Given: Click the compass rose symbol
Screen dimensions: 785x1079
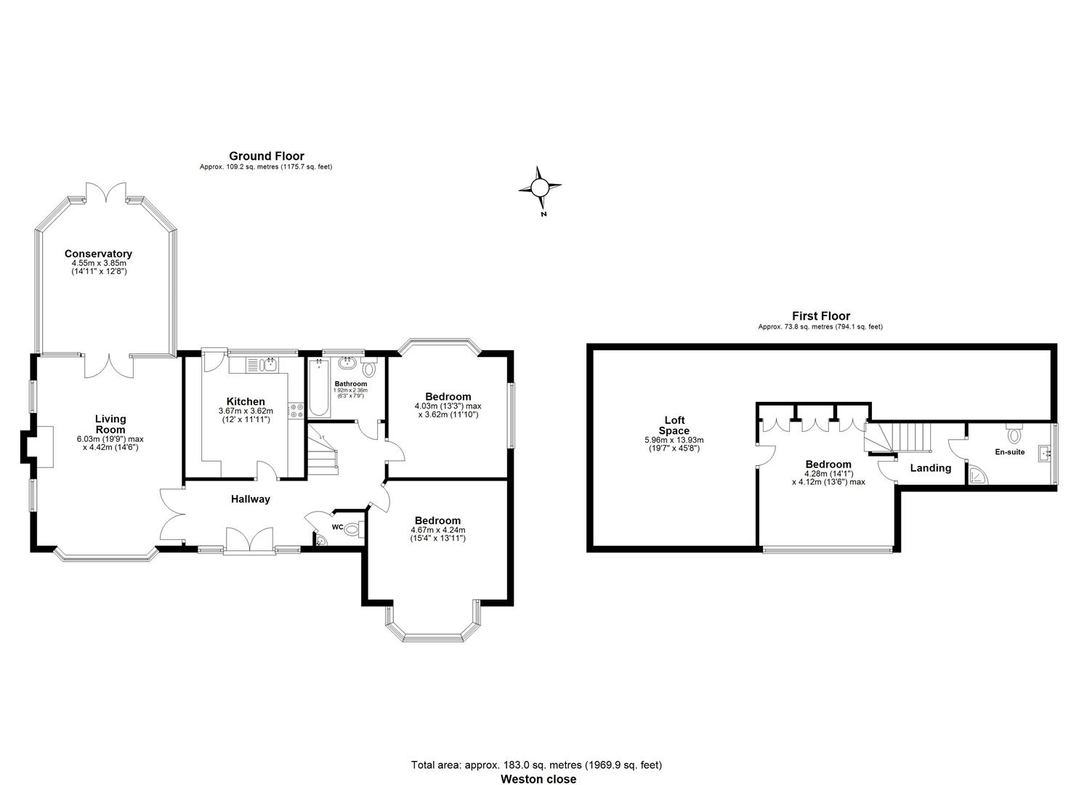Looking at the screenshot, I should (539, 188).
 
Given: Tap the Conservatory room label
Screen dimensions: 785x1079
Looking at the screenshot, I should (98, 254).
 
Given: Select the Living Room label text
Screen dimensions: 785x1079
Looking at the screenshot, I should (110, 424).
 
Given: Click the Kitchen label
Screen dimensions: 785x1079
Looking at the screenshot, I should (246, 401).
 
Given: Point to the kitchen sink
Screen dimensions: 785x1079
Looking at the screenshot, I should (268, 363).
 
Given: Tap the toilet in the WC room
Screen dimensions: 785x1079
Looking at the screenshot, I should (352, 529).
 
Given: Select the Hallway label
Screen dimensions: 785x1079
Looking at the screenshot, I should (251, 499).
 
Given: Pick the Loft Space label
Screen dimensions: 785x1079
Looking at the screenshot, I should (674, 425).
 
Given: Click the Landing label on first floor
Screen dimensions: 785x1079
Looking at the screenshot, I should (931, 468).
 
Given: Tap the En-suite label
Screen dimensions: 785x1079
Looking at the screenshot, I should (1009, 451).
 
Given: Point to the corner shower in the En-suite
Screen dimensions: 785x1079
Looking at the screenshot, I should (979, 475).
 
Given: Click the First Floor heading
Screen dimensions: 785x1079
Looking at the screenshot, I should (820, 316).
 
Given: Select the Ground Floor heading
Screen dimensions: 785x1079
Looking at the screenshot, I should (266, 156).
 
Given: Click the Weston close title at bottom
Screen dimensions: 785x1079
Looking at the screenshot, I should (538, 779).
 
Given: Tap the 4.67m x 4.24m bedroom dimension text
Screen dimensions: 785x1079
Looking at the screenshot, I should (437, 530).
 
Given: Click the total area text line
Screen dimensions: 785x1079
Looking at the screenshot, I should (536, 765).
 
